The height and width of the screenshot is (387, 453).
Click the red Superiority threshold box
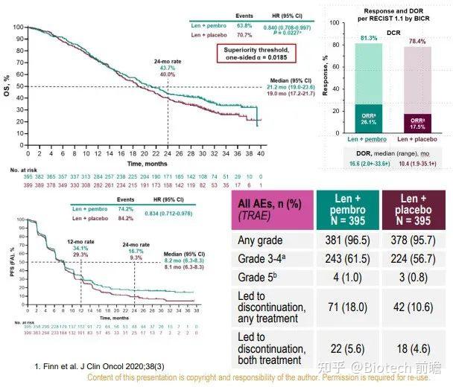coord(256,53)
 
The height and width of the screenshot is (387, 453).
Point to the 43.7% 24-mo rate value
coord(167,68)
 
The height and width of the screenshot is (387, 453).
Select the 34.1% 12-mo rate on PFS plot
coord(80,226)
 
